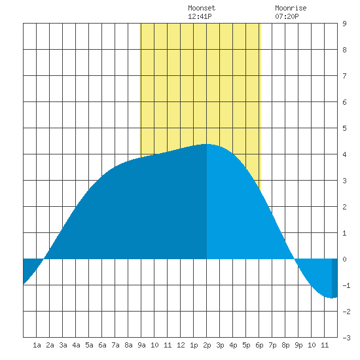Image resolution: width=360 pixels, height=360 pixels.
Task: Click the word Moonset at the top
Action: coord(202,8)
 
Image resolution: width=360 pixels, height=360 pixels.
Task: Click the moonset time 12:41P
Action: coord(200,16)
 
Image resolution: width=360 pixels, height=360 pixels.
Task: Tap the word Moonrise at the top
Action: coord(291,8)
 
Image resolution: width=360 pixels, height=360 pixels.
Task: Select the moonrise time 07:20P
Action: coord(287,16)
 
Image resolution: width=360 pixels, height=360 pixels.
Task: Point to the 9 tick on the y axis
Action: coord(344,24)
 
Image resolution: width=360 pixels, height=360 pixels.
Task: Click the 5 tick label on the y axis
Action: coord(344,128)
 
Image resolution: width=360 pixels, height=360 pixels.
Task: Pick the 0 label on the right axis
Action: coord(344,259)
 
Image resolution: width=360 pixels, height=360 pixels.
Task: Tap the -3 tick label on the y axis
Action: coord(346,338)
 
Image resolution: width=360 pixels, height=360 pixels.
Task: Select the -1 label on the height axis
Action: coord(346,285)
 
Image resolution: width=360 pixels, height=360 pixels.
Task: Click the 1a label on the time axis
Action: coord(37,345)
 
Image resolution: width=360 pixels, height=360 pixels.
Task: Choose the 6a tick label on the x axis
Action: coord(102,345)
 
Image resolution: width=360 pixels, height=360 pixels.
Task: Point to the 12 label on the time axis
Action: coord(181,345)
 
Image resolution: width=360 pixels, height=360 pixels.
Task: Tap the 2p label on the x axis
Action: coord(207,345)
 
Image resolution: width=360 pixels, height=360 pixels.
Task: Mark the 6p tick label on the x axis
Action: coord(259,345)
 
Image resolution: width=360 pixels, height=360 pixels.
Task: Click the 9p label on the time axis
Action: coord(298,345)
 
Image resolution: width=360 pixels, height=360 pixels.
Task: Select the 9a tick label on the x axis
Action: coord(141,345)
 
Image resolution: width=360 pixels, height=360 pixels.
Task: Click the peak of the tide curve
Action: coord(207,144)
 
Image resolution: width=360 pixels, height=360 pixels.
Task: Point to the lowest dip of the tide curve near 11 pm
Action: coord(331,298)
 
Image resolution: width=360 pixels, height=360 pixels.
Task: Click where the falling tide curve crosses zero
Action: coord(295,259)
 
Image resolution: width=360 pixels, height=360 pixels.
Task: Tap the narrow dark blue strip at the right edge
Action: coord(334,278)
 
